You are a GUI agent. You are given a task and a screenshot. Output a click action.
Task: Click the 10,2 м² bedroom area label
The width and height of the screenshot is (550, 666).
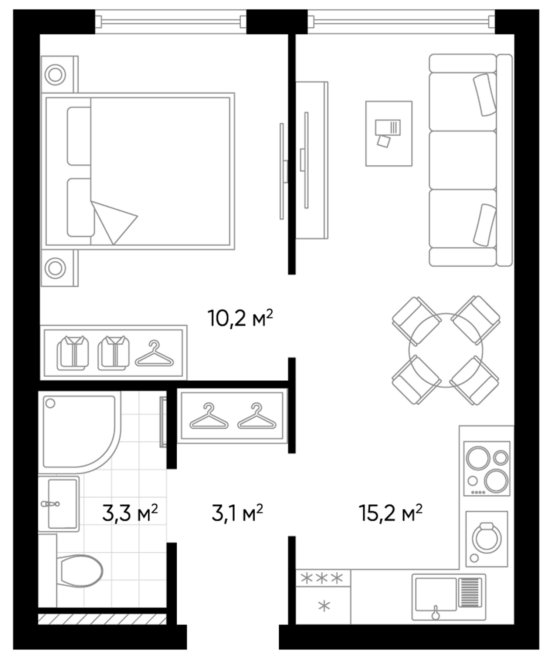click(240, 318)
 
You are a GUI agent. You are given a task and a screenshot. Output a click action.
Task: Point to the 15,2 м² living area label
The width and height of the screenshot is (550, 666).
click(390, 513)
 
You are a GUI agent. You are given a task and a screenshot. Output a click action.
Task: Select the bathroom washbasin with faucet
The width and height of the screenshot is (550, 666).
click(61, 504)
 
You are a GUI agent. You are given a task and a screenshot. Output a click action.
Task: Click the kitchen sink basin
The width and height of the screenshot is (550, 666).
click(435, 595)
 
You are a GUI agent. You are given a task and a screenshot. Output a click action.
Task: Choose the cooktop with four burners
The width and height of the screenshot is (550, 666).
click(486, 468)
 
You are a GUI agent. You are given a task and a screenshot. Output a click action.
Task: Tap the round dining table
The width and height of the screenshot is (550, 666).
click(445, 350)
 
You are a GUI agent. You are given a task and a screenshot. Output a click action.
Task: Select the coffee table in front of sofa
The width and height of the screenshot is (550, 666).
click(388, 133)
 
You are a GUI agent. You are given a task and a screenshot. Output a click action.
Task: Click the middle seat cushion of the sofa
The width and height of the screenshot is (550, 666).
click(462, 160)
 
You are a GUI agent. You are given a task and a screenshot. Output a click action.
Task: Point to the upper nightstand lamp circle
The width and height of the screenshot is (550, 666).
click(55, 75)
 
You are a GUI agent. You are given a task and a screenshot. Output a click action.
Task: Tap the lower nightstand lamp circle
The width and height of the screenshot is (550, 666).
click(55, 268)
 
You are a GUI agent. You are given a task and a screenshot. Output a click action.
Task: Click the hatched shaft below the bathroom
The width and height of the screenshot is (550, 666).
click(102, 619)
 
